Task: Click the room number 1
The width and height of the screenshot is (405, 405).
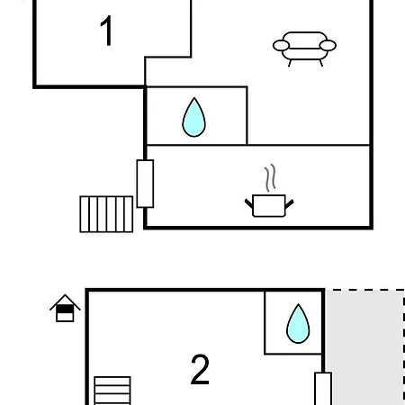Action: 106,31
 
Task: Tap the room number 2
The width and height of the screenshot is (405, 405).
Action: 200,369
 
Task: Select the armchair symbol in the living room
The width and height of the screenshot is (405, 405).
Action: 304,49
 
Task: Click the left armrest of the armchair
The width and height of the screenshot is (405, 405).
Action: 281,46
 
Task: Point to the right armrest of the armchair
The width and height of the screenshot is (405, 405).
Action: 328,46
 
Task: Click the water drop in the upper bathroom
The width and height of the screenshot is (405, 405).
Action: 194,117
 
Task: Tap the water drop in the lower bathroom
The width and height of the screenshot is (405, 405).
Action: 298,323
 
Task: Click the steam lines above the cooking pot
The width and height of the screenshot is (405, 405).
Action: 270,177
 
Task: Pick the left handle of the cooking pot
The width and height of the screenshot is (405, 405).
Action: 249,203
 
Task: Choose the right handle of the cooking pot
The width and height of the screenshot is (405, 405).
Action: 289,204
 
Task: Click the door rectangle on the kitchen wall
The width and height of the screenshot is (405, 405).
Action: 145,184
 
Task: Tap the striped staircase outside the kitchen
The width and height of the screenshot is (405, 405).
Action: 106,214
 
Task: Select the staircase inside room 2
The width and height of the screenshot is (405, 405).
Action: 112,391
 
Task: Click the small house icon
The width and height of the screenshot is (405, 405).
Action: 65,308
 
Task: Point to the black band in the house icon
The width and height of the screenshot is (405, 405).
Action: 65,309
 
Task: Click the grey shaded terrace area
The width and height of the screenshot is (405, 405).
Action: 364,347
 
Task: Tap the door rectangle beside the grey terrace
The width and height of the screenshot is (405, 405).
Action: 323,389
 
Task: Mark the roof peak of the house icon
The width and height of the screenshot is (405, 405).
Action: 65,295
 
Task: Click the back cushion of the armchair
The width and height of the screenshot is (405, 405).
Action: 304,40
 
